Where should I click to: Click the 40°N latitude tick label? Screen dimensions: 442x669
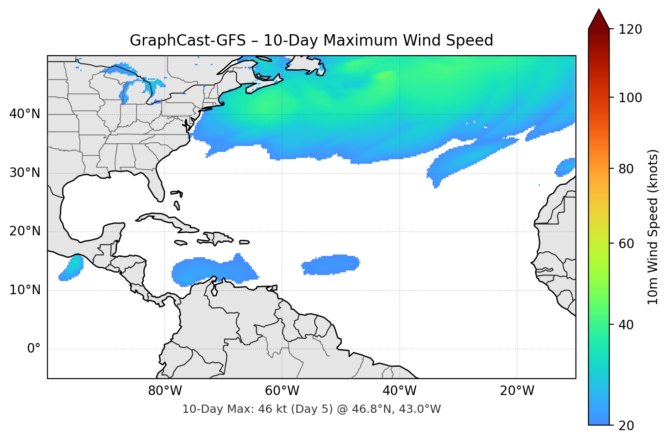pos(25,114)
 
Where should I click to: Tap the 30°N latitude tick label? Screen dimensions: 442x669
pos(25,173)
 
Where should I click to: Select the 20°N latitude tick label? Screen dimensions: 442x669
pos(25,231)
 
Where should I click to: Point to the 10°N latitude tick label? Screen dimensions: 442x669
pos(25,290)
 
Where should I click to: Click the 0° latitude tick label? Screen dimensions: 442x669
pos(33,349)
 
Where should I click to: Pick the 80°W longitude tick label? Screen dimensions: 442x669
pos(165,391)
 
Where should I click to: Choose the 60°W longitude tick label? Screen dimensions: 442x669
pos(282,391)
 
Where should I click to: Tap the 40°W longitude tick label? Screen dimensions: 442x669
pos(399,391)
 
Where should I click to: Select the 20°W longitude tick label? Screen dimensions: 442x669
pos(517,391)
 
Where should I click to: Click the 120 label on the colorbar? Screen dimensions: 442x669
pos(630,29)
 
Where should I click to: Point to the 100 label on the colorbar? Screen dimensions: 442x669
pos(630,98)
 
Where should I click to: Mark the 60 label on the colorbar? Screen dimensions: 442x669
pos(626,244)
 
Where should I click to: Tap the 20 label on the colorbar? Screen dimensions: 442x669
pos(626,426)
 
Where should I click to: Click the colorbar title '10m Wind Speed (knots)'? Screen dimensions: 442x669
pos(653,227)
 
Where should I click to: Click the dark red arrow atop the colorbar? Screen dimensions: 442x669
pos(599,20)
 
